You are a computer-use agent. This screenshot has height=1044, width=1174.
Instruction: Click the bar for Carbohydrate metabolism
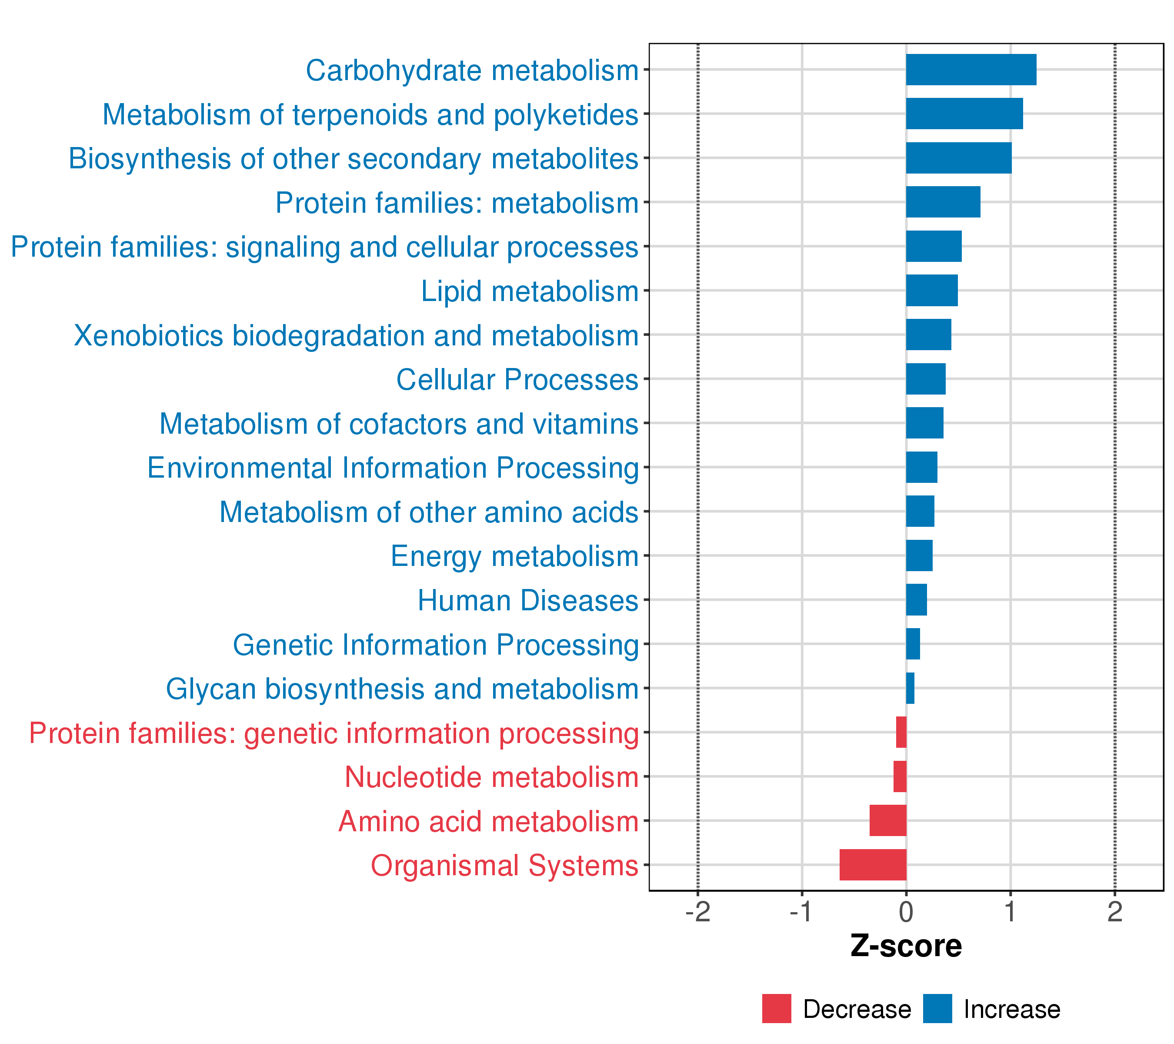(971, 70)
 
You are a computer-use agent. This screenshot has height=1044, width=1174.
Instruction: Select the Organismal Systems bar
(873, 864)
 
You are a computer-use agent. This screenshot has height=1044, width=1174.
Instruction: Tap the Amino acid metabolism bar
(887, 820)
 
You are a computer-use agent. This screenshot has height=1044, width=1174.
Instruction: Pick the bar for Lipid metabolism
(932, 290)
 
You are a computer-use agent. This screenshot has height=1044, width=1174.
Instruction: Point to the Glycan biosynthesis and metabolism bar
(910, 688)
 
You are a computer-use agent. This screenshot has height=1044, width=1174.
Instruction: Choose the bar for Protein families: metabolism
(943, 202)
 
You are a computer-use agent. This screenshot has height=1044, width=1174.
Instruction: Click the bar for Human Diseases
(916, 599)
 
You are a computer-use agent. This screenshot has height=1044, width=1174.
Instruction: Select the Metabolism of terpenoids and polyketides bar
(964, 114)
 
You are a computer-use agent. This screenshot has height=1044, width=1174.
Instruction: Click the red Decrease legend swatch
(776, 1008)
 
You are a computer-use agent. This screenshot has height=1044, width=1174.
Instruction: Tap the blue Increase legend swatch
(937, 1008)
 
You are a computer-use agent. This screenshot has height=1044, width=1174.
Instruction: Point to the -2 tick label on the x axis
(697, 912)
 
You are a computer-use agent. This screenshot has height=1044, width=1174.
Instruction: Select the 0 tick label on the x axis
(906, 912)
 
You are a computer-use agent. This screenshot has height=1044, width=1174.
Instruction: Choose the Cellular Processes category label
(517, 380)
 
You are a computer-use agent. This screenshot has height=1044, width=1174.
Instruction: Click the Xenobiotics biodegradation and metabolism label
(356, 335)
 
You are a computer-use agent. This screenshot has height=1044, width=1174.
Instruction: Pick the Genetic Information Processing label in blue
(435, 645)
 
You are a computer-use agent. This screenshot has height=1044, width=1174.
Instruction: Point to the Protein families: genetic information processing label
(334, 733)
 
